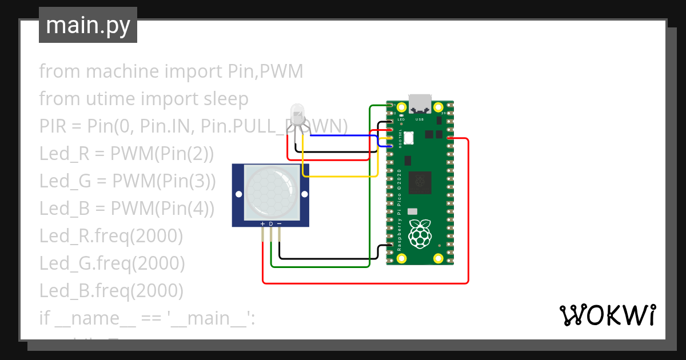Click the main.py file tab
(88, 25)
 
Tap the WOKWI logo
(607, 315)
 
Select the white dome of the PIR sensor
(270, 191)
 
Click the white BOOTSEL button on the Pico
(408, 137)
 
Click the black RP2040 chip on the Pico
(421, 182)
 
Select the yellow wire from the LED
(337, 176)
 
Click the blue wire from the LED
(343, 135)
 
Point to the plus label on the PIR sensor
(262, 223)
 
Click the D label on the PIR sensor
(271, 223)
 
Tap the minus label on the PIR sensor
(279, 223)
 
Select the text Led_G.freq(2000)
(112, 263)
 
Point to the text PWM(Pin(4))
(163, 209)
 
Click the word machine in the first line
(123, 71)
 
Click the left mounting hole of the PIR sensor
(238, 195)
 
